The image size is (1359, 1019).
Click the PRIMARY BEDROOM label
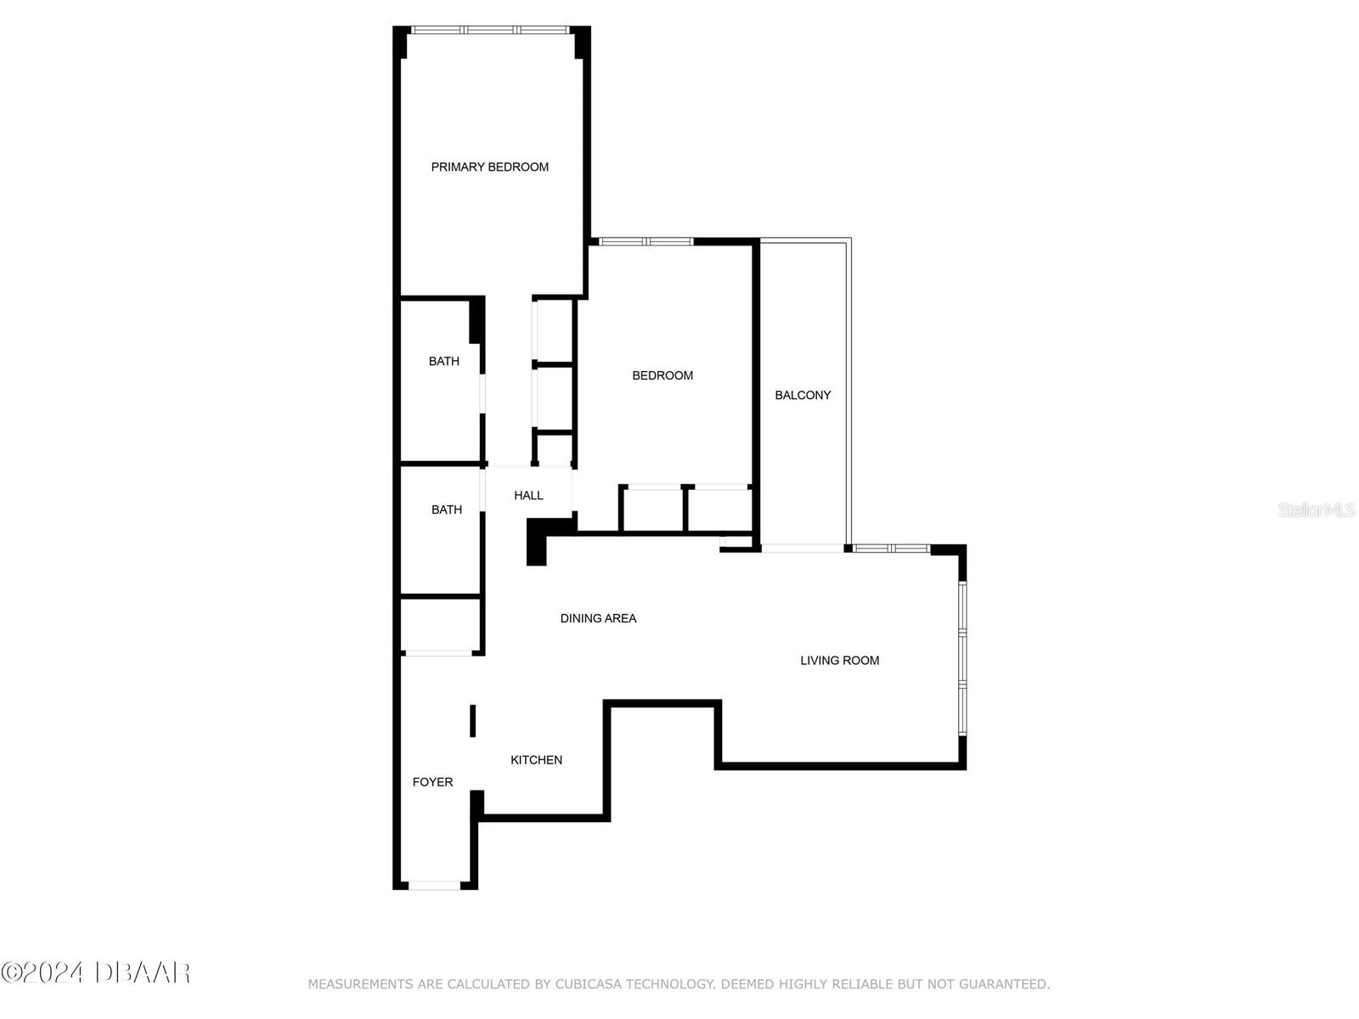[489, 167]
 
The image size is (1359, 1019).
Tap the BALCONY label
[803, 395]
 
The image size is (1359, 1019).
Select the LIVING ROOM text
[839, 661]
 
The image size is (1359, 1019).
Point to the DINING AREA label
[598, 618]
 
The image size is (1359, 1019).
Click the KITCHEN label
[536, 760]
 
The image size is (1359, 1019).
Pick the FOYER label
[432, 782]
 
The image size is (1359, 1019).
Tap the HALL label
[528, 495]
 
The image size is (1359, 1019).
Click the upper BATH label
[443, 362]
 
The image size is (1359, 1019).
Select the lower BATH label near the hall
[446, 509]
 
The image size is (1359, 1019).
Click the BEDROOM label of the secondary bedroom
[663, 375]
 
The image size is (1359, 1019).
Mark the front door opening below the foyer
[434, 886]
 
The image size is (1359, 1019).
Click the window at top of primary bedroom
[490, 30]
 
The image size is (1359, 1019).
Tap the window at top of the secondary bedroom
[646, 242]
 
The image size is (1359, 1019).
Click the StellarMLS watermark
[1316, 509]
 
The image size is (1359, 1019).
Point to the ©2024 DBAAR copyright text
[95, 972]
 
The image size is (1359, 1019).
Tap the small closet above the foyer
[440, 624]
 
